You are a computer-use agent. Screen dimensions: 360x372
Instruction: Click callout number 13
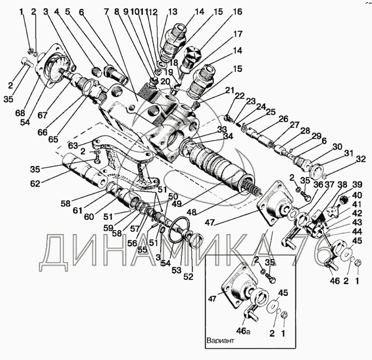tap(172, 11)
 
